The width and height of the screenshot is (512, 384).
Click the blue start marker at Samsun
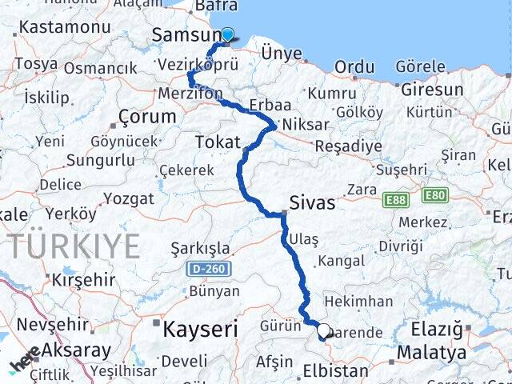pyautogui.click(x=227, y=34)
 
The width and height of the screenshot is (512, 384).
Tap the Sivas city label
pyautogui.click(x=313, y=202)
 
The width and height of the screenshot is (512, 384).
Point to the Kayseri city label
pyautogui.click(x=201, y=328)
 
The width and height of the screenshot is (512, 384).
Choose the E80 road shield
pyautogui.click(x=434, y=194)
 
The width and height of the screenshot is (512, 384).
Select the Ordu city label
pyautogui.click(x=354, y=68)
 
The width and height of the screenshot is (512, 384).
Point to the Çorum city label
pyautogui.click(x=146, y=116)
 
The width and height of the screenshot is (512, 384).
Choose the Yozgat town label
pyautogui.click(x=128, y=198)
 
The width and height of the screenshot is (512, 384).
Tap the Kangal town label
pyautogui.click(x=341, y=261)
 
